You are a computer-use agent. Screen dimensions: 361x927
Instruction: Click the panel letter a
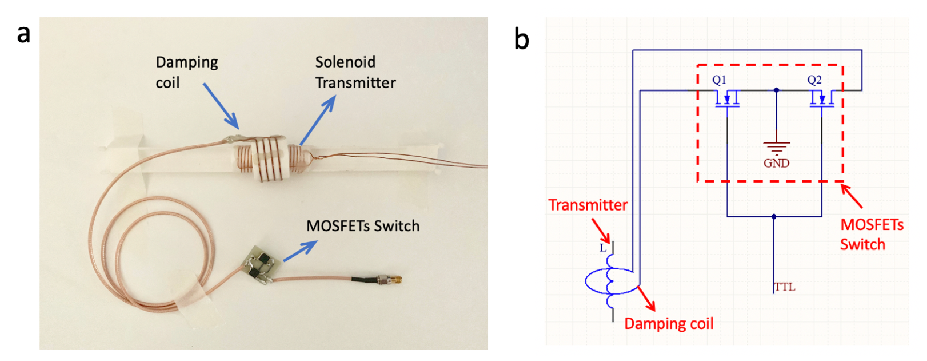tap(23, 34)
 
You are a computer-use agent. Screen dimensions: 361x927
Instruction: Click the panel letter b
tap(521, 39)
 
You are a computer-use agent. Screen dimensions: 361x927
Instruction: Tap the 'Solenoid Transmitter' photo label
tap(355, 72)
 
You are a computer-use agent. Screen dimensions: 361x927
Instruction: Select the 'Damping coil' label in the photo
tap(186, 72)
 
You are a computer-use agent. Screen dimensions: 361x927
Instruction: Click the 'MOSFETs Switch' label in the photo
tap(363, 226)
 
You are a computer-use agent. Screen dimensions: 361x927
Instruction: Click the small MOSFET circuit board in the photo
tap(260, 265)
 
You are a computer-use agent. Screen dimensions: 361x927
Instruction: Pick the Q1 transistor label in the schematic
tap(719, 80)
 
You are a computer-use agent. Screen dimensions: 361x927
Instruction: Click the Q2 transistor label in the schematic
tap(814, 80)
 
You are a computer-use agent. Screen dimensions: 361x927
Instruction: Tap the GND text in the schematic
tap(776, 164)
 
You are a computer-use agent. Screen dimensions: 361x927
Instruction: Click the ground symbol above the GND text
tap(776, 148)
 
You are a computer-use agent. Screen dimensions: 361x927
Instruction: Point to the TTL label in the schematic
tap(785, 287)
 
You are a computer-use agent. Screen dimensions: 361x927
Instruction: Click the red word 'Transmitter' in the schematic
tap(588, 205)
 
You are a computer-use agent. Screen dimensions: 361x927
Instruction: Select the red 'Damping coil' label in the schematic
tap(669, 324)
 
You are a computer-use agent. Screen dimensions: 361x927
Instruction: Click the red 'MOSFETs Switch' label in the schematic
tap(872, 235)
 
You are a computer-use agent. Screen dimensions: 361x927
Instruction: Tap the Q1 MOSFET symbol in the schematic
tap(727, 100)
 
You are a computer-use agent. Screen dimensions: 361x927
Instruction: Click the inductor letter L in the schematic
tap(602, 248)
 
